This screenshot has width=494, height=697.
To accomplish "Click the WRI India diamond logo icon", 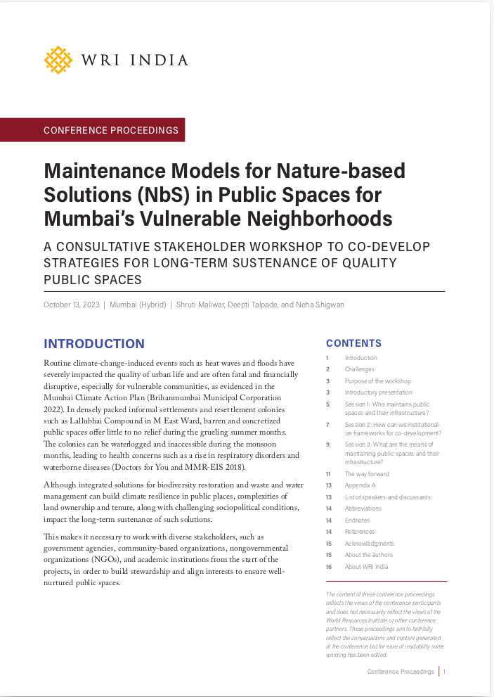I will (x=58, y=60).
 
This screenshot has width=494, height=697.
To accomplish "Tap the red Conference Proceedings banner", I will (x=111, y=130).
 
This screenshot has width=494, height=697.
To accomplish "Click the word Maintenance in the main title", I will (x=105, y=171).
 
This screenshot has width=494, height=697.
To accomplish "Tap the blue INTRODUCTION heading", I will (x=94, y=344).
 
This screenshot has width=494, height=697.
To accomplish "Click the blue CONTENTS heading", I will (x=353, y=343).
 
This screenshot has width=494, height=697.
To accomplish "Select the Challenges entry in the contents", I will (x=359, y=369).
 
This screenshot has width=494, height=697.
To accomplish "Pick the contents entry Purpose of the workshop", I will (x=377, y=381).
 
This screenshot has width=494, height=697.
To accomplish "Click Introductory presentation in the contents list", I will (x=378, y=392).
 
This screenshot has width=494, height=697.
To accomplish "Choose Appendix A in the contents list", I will (x=360, y=485).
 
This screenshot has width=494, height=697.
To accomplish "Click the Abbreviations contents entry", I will (x=363, y=509).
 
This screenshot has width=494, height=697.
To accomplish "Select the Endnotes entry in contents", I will (x=358, y=520).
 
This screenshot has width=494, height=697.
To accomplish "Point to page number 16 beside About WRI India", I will (x=328, y=567).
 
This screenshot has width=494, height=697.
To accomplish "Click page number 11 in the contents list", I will (x=328, y=474).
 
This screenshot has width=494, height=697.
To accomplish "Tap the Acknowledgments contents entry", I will (x=369, y=544).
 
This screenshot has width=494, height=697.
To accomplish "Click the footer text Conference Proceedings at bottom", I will (x=401, y=672).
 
